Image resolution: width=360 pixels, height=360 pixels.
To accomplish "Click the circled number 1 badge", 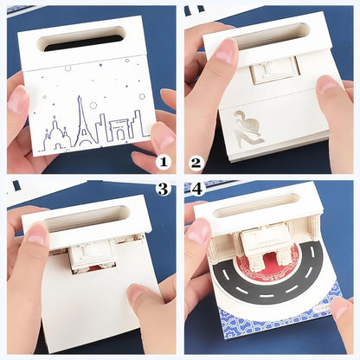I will [x=164, y=161].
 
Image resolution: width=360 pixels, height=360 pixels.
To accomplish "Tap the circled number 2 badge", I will [x=196, y=161].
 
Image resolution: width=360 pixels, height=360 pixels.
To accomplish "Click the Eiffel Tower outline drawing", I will [x=87, y=121].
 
